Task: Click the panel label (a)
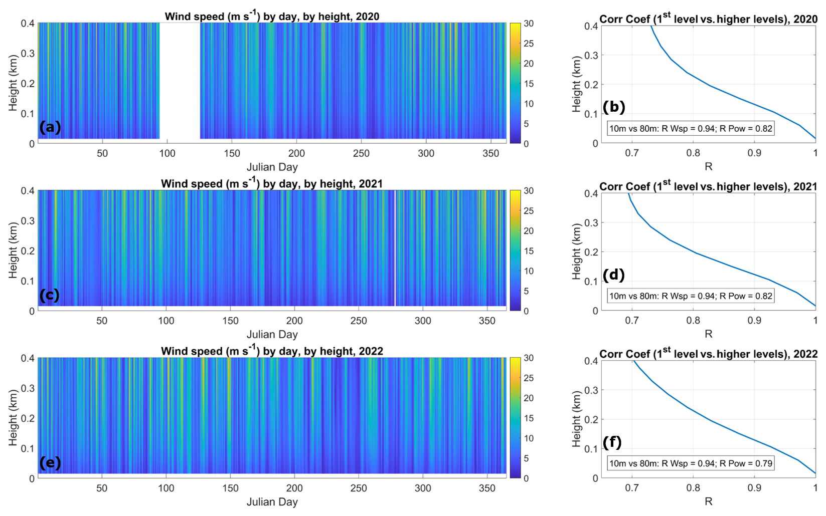coord(50,127)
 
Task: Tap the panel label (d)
coord(613,275)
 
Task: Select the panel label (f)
coord(612,442)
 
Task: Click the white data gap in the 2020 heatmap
coord(180,80)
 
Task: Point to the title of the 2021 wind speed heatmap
coord(271,183)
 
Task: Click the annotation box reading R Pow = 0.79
coord(691,463)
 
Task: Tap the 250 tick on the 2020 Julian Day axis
coord(361,153)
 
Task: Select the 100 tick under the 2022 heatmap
coord(166,488)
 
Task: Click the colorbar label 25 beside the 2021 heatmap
coord(529,211)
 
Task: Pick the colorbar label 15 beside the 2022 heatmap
coord(529,418)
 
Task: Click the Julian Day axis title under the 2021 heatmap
coord(272,334)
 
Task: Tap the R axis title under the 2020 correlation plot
coord(708,166)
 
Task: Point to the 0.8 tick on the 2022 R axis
coord(693,487)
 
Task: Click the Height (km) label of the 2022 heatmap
coord(13,418)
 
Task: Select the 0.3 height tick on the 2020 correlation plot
coord(591,55)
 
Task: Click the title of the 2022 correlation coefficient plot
coord(708,354)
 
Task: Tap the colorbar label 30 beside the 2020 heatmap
coord(529,24)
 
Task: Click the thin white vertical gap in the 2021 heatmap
coord(395,248)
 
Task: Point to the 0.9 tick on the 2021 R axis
coord(754,320)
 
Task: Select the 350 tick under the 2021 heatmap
coord(487,321)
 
